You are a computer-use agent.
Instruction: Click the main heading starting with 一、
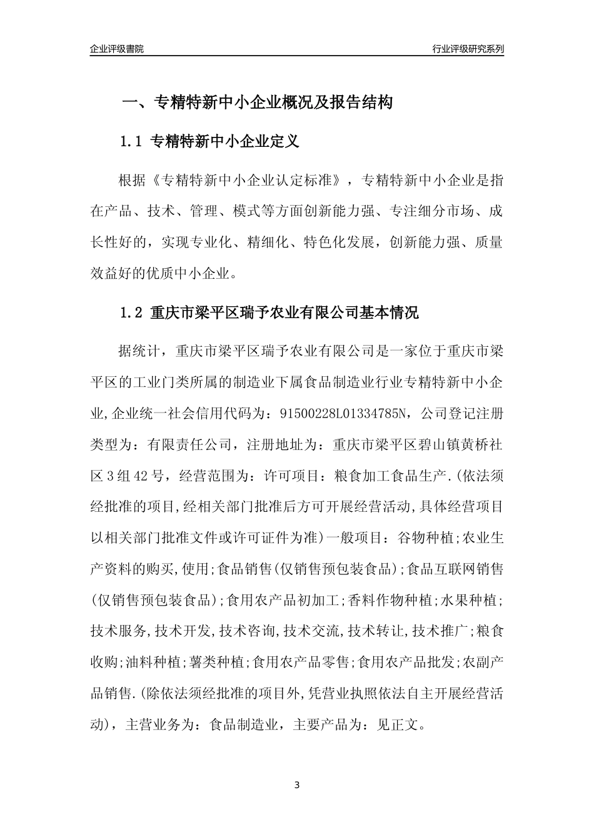click(x=256, y=102)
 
